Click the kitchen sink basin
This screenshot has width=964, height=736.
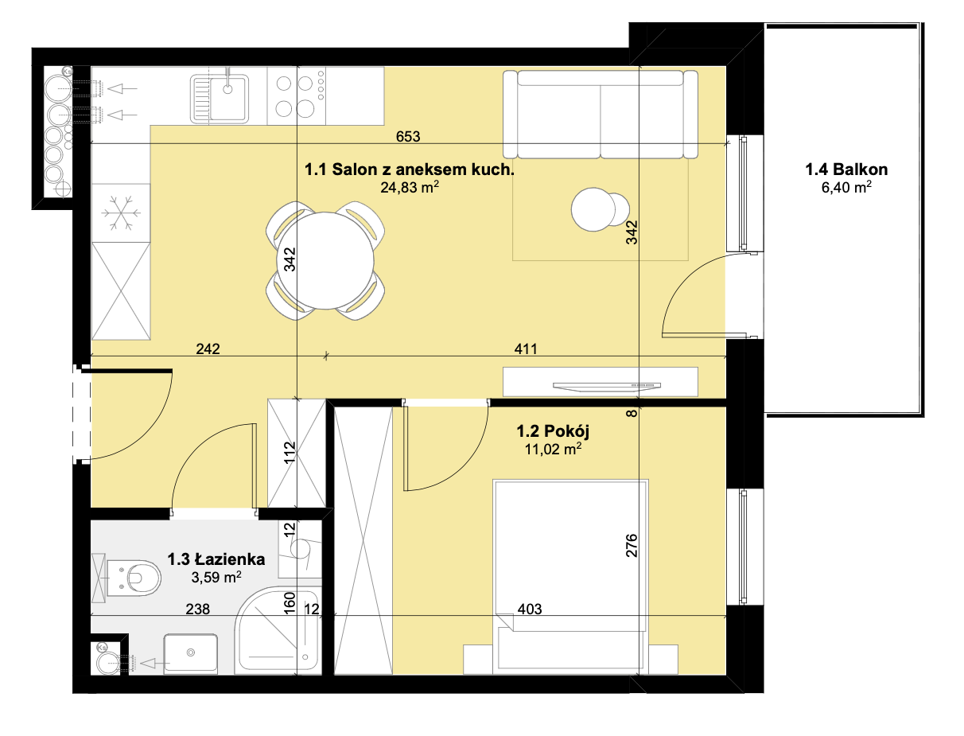click(x=220, y=99)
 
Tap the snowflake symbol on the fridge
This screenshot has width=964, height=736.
click(x=121, y=213)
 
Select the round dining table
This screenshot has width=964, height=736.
click(x=325, y=260)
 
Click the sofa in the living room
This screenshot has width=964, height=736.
click(x=600, y=114)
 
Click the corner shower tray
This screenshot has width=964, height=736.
click(x=278, y=629)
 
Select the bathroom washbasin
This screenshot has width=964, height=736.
click(x=191, y=653)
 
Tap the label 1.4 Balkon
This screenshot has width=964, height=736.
click(x=845, y=169)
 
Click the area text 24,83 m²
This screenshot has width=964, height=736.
click(x=410, y=188)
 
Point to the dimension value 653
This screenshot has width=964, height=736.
click(x=408, y=137)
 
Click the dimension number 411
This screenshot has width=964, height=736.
click(x=526, y=349)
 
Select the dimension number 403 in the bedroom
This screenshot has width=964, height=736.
click(x=530, y=609)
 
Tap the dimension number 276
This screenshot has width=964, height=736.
click(x=631, y=545)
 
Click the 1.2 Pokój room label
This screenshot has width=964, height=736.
click(x=553, y=431)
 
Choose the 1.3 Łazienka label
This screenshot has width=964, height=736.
click(x=216, y=559)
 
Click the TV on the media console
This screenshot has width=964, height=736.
click(x=607, y=386)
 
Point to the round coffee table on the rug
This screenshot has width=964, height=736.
click(x=600, y=209)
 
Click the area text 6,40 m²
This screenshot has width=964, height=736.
click(x=846, y=188)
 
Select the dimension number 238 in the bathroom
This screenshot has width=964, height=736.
click(x=197, y=609)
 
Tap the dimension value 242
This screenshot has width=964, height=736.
click(x=208, y=349)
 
